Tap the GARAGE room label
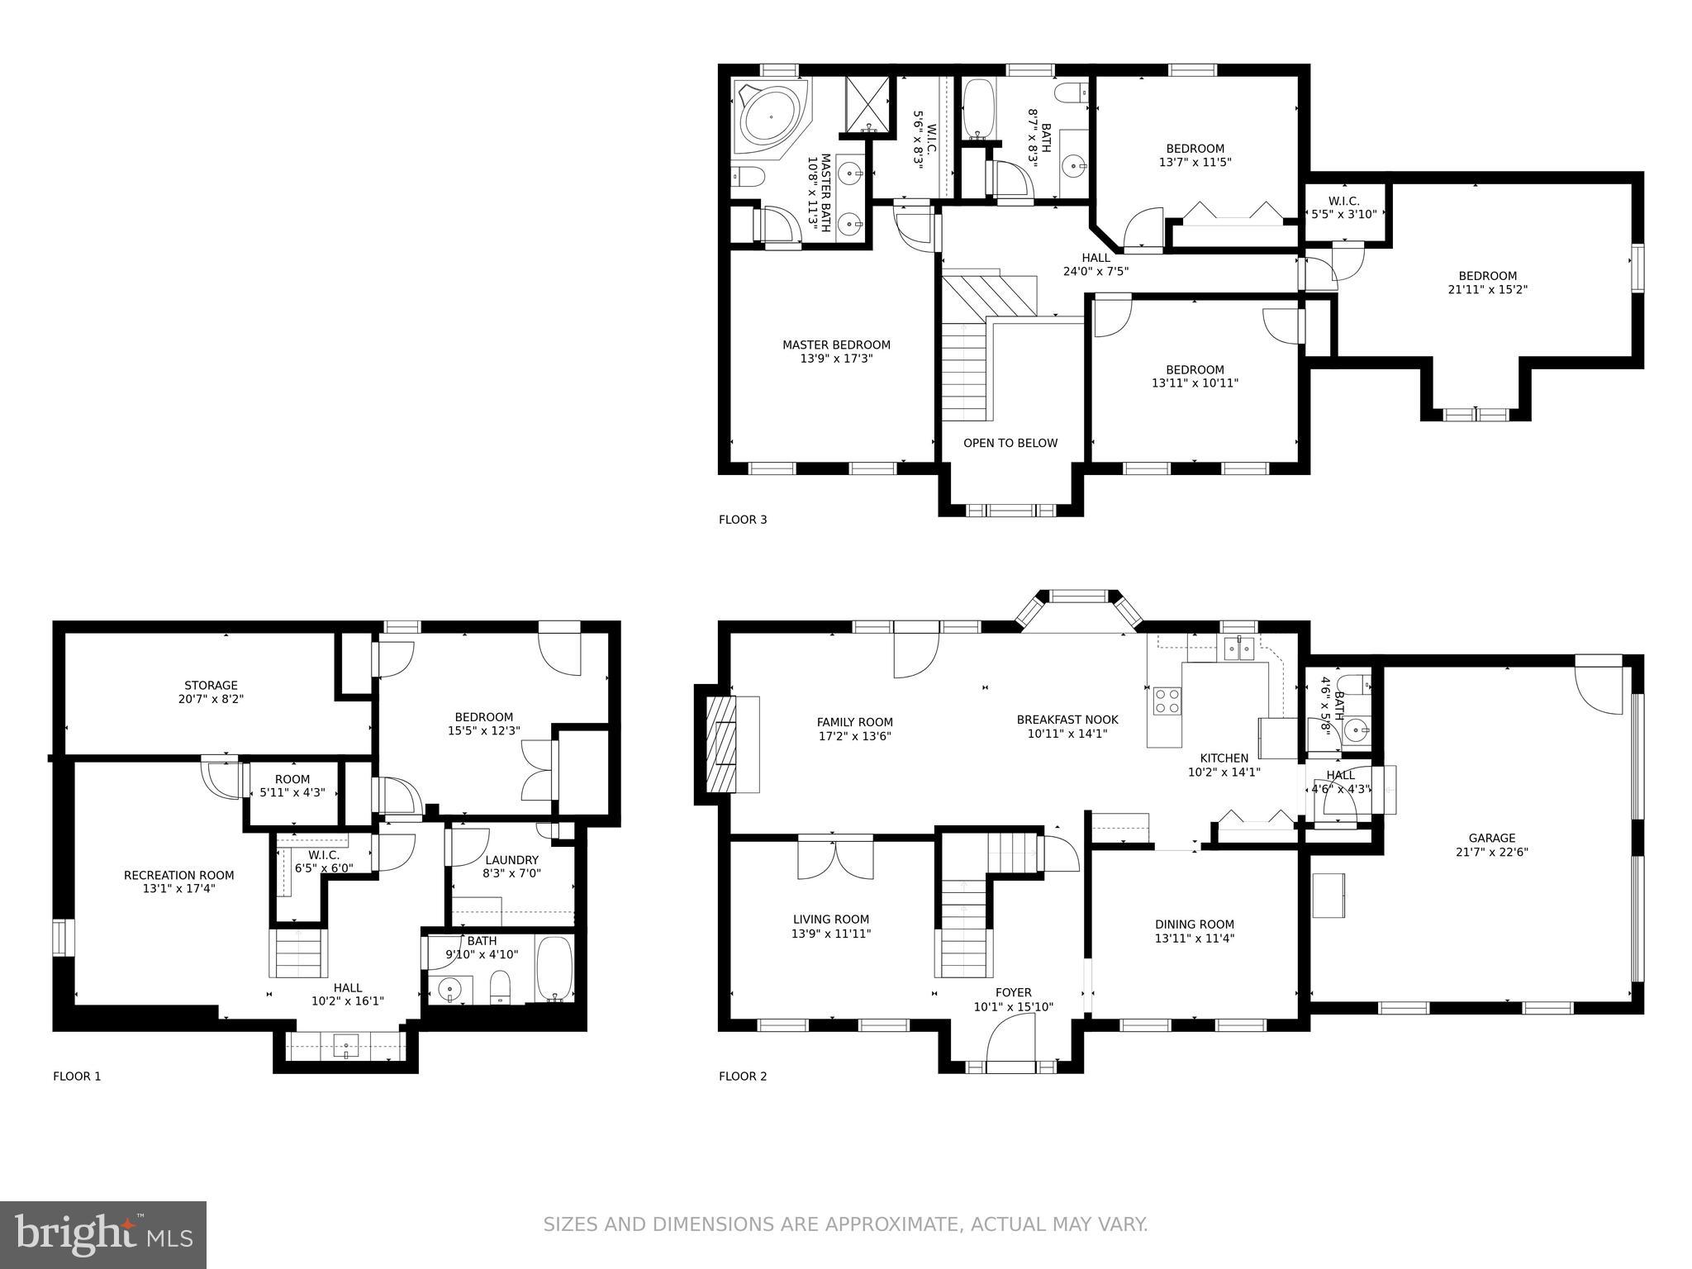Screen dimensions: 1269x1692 1491,838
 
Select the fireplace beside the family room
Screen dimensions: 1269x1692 721,744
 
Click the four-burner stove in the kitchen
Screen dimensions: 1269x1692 1167,701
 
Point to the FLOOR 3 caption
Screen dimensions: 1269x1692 742,520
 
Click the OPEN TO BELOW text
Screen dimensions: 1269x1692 1010,443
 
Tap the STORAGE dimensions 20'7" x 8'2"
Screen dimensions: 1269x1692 211,699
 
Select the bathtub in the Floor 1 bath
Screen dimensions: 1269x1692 554,969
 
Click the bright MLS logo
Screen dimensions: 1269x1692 103,1234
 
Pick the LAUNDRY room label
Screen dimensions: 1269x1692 511,860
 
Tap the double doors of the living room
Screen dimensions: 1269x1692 835,859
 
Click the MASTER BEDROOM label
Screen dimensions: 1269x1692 836,345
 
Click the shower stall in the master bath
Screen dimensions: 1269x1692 868,105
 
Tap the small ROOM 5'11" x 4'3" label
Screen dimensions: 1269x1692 292,786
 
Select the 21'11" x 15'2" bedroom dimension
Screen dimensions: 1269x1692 1487,290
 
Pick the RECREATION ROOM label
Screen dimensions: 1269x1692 178,875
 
